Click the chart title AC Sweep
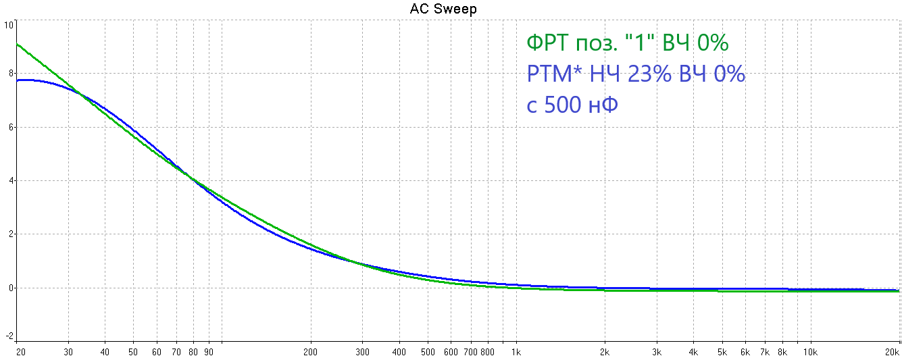[443, 9]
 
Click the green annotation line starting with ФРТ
[627, 43]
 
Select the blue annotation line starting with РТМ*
[635, 74]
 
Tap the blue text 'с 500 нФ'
[572, 105]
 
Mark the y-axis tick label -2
[9, 336]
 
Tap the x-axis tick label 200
[310, 352]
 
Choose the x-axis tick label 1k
[516, 352]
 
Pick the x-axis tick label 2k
[605, 352]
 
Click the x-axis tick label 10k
[811, 352]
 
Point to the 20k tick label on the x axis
[892, 352]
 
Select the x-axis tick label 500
[428, 352]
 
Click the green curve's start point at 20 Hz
[17, 45]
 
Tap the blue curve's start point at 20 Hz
[17, 80]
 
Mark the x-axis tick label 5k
[722, 352]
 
